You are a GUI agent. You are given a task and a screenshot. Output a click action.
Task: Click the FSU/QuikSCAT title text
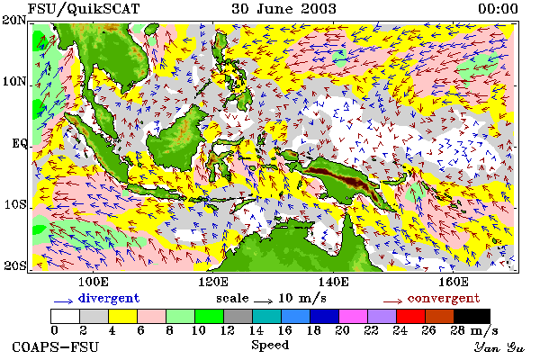(x=84, y=9)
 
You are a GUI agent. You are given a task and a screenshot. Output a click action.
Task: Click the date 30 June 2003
(x=284, y=9)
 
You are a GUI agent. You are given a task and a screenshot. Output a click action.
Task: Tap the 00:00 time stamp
(x=498, y=9)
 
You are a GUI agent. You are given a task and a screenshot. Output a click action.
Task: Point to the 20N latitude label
(x=13, y=20)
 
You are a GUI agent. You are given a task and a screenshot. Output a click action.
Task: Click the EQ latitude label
(x=19, y=143)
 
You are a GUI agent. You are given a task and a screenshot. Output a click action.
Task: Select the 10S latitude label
(x=15, y=204)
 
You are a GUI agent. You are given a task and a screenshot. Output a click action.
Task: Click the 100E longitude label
(x=94, y=282)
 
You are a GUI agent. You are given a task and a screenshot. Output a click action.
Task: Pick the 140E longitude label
(x=333, y=282)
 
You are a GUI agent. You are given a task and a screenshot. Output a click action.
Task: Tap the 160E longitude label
(x=454, y=282)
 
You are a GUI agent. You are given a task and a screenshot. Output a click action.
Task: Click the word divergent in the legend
(x=109, y=298)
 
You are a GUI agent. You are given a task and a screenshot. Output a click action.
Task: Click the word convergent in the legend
(x=444, y=298)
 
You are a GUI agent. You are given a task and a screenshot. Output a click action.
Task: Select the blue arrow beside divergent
(x=63, y=301)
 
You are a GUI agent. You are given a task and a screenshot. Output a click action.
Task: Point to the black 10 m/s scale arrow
(x=263, y=301)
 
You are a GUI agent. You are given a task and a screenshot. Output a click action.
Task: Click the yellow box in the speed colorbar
(x=123, y=316)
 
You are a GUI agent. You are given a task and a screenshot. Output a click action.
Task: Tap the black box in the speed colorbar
(x=472, y=316)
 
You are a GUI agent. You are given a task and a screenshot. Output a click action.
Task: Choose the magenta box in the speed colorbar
(x=354, y=316)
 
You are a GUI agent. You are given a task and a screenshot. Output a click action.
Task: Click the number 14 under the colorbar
(x=256, y=330)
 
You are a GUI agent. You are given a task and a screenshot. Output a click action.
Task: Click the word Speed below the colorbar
(x=270, y=346)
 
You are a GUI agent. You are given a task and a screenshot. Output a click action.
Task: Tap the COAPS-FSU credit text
(x=55, y=347)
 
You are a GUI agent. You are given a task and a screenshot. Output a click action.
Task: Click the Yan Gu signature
(x=499, y=347)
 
